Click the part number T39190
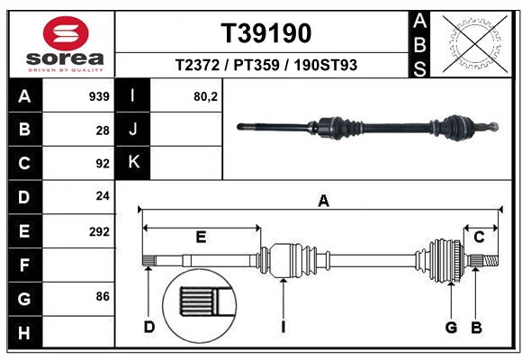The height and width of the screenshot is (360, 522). pos(266,33)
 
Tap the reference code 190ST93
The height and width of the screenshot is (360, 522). pos(325,65)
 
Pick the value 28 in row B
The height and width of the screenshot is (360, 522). pos(103,130)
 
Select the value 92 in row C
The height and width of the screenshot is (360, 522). pos(103,164)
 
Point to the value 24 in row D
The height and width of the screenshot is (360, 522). pos(103,197)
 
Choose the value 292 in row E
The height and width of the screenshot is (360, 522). pos(99,231)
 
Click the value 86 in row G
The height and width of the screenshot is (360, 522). pos(103,296)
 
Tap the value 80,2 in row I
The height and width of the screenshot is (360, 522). pos(206,96)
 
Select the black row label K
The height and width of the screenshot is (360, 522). pos(133,162)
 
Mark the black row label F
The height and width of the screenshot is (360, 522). pos(23,265)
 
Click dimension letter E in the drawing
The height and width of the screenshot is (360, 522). pos(201,238)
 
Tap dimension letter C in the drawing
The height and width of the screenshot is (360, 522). pos(479,238)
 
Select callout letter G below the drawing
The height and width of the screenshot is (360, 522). pos(452,327)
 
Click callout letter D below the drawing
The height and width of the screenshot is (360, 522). pos(148,327)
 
